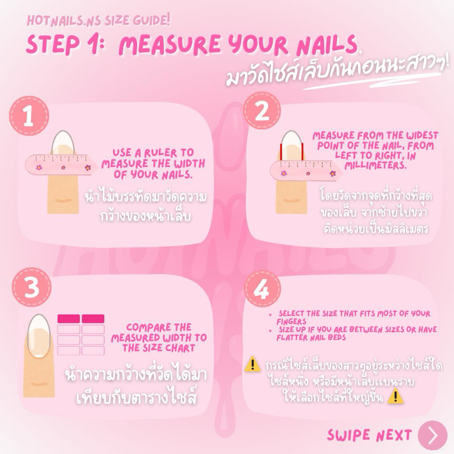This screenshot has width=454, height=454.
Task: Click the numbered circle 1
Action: tap(29, 116)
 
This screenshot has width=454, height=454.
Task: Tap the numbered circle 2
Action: tap(262, 111)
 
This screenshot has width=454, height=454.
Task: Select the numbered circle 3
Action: tap(31, 287)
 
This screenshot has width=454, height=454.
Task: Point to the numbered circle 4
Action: tap(262, 289)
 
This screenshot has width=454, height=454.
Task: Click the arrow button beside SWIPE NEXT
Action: tap(433, 435)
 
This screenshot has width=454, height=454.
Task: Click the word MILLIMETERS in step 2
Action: tap(376, 166)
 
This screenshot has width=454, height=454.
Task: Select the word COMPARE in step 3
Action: tap(144, 328)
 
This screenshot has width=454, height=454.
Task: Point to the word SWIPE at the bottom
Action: tap(349, 435)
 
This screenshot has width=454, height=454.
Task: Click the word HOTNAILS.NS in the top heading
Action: tap(64, 21)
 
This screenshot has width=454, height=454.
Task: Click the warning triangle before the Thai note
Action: tap(252, 364)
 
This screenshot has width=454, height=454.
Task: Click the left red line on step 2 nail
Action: tap(281, 152)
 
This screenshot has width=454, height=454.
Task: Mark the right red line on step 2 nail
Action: tap(302, 152)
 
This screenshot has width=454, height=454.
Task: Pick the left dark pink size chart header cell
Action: tap(69, 319)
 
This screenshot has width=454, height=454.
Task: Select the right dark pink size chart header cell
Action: tap(93, 319)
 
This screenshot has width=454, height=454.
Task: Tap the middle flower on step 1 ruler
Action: tap(63, 168)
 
